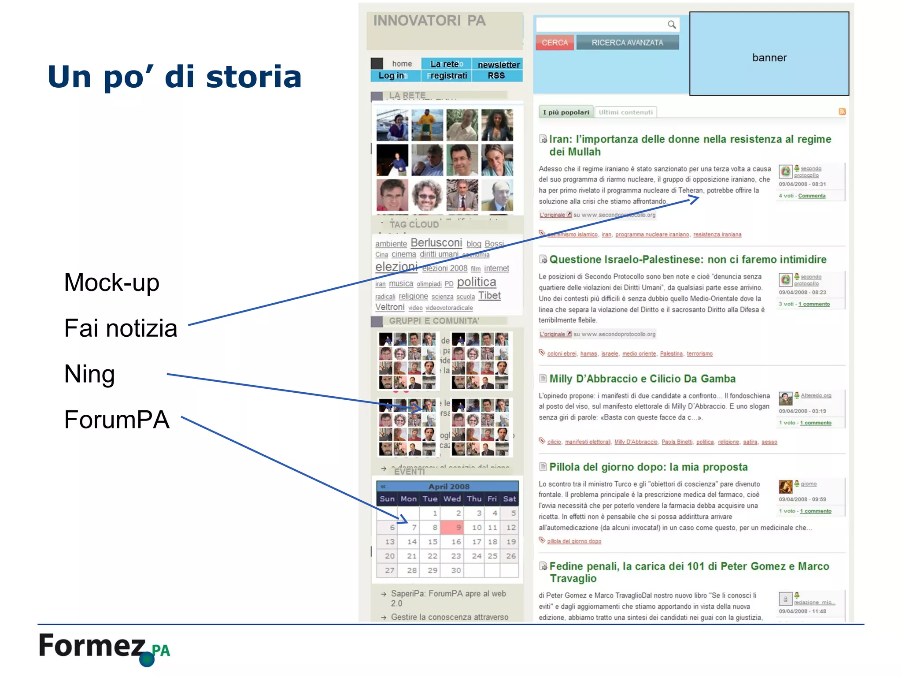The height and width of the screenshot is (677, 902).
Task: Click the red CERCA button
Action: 555,43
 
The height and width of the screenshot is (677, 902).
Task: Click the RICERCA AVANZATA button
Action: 627,43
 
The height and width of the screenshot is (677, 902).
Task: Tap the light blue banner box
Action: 769,54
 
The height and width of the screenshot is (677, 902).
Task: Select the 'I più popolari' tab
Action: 566,112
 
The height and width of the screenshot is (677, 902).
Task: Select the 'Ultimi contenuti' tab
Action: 625,112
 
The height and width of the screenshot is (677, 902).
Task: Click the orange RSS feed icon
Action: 842,112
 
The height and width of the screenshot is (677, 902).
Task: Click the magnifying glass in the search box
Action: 671,25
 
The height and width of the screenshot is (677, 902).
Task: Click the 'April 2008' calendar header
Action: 449,487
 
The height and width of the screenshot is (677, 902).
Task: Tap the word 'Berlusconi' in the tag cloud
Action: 436,243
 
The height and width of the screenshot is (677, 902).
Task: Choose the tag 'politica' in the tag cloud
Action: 476,282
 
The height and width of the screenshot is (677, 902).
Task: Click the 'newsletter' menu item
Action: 499,65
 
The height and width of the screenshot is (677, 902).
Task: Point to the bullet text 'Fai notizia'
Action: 121,328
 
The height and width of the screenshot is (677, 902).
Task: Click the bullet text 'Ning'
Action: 89,374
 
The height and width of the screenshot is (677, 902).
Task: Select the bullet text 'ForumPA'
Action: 117,420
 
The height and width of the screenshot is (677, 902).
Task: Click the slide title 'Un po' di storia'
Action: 174,77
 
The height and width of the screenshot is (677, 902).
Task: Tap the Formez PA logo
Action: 104,648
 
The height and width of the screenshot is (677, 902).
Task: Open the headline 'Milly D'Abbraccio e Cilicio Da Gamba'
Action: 642,379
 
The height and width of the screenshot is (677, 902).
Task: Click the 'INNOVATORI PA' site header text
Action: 429,21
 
